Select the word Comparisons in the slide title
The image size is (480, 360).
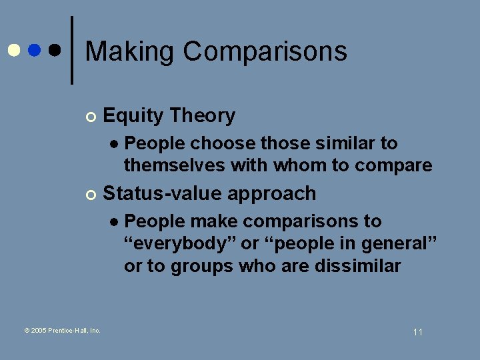(265, 51)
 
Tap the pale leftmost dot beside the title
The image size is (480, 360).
(13, 51)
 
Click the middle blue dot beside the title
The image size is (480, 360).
(35, 51)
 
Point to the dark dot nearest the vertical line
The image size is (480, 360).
(56, 51)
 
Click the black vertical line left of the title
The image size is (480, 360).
(72, 51)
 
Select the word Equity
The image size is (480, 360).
(133, 116)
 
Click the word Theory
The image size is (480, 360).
(202, 116)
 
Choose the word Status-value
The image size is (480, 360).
(163, 193)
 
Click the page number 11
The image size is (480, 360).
(418, 332)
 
